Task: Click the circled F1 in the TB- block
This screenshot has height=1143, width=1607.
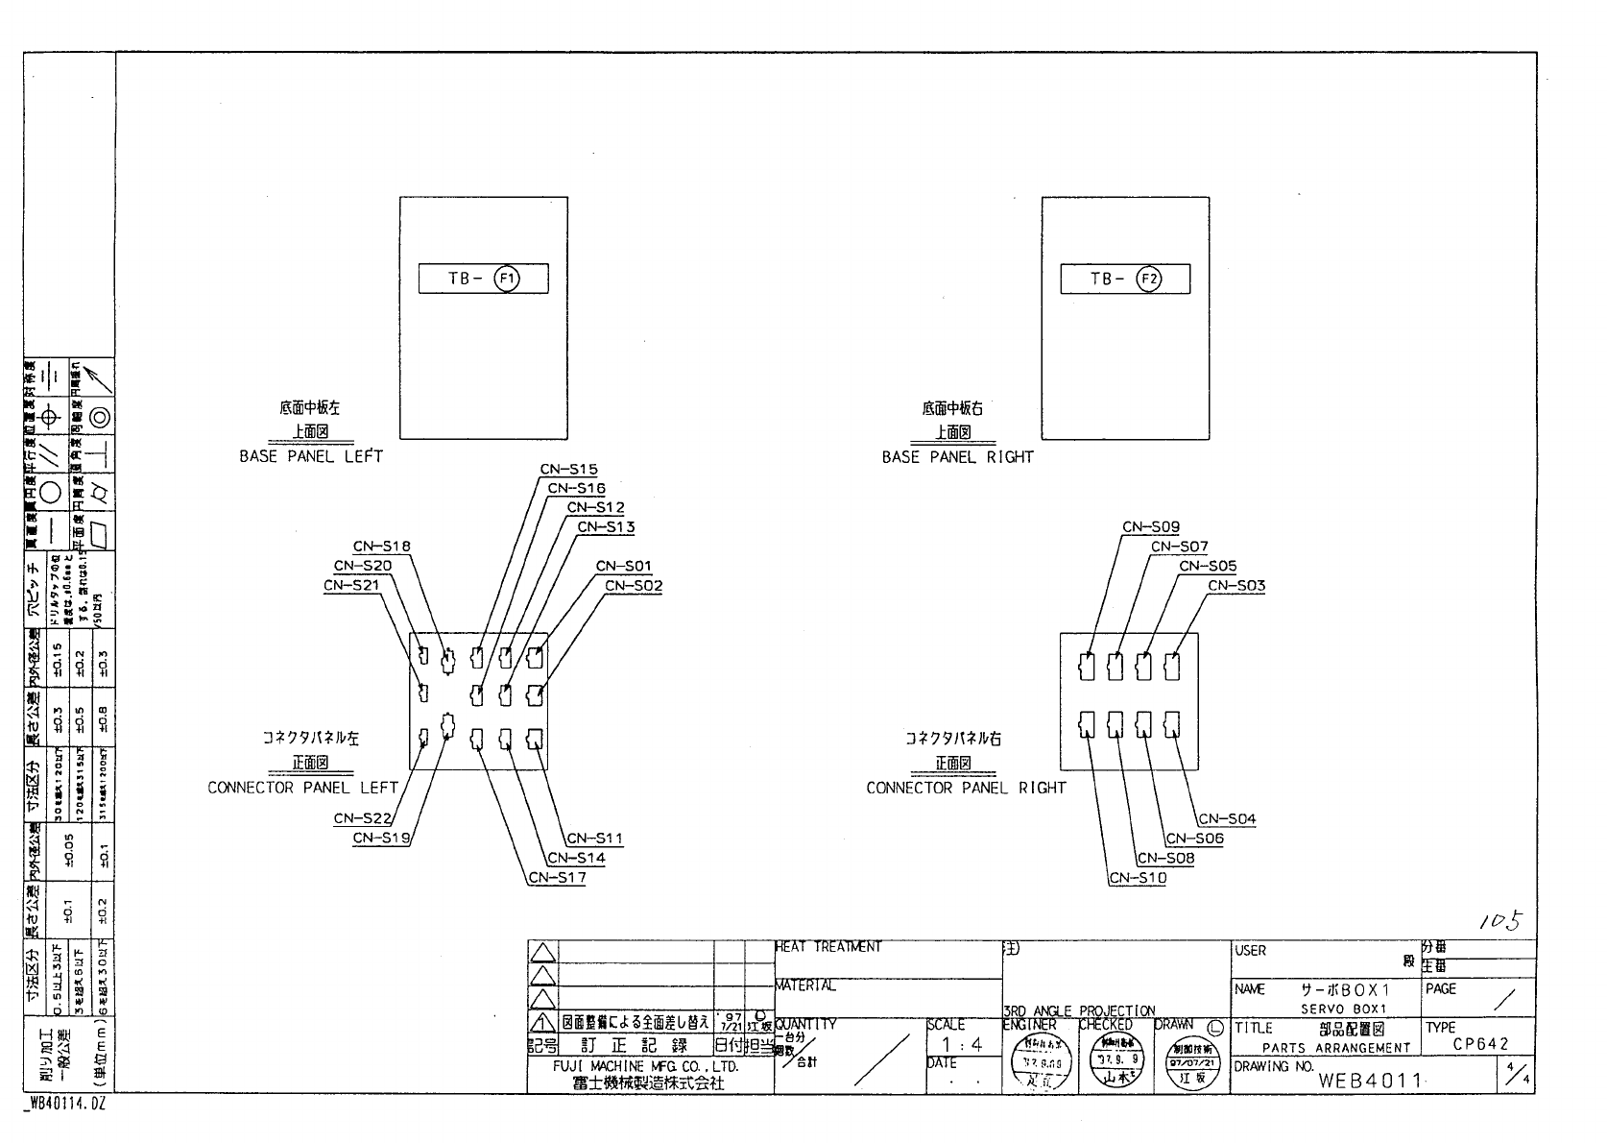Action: (506, 279)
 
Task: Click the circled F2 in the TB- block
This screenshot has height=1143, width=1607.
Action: (1148, 279)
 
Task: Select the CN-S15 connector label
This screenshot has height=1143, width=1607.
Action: (568, 470)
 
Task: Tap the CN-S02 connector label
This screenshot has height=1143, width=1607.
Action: (634, 586)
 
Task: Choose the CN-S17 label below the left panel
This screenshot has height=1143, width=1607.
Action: (557, 878)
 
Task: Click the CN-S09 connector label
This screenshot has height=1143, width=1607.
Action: (1151, 527)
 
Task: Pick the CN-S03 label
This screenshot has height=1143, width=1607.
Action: (1236, 586)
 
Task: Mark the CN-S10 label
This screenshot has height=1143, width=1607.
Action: (1138, 878)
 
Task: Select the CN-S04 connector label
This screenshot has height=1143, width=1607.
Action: (1227, 819)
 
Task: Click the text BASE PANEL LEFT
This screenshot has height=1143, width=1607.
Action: (311, 457)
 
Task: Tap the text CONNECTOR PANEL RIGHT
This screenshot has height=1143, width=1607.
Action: (966, 789)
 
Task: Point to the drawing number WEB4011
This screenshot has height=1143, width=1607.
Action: (1370, 1081)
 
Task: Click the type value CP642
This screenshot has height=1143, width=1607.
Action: (1480, 1045)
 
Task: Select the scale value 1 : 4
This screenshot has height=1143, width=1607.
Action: (962, 1045)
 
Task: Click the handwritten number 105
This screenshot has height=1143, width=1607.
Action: (1500, 922)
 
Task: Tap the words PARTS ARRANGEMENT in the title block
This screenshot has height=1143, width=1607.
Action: (1336, 1048)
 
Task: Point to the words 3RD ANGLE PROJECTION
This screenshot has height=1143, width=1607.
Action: (1079, 1010)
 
